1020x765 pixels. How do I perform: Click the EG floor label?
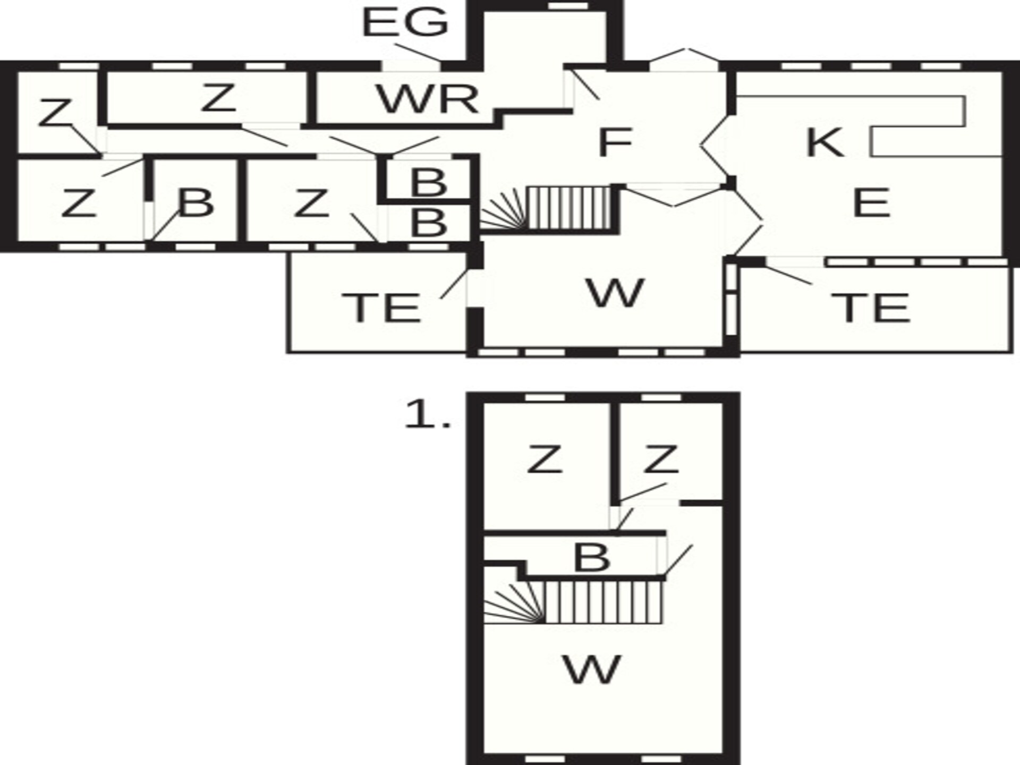tap(405, 23)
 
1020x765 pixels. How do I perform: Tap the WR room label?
tap(428, 99)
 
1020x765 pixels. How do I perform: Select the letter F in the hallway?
tap(615, 142)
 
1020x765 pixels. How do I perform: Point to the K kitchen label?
tap(824, 142)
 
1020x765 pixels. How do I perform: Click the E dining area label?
tap(871, 203)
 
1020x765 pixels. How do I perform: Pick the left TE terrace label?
tap(381, 308)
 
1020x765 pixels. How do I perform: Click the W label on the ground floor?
tap(615, 293)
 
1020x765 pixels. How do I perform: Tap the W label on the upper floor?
tap(592, 669)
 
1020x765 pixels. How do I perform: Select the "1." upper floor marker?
tap(428, 414)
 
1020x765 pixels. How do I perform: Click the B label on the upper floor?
tap(592, 558)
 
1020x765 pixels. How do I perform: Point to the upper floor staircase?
tap(574, 602)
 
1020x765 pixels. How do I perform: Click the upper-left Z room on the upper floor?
tap(545, 460)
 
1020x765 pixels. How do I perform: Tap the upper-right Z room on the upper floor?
tap(661, 460)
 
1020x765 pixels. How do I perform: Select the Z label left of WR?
tap(218, 98)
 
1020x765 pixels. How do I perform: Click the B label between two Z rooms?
tap(196, 203)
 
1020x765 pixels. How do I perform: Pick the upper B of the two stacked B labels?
tap(429, 183)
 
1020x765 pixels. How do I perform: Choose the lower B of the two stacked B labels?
tap(429, 223)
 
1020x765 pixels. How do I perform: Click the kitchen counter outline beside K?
tap(965, 112)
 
